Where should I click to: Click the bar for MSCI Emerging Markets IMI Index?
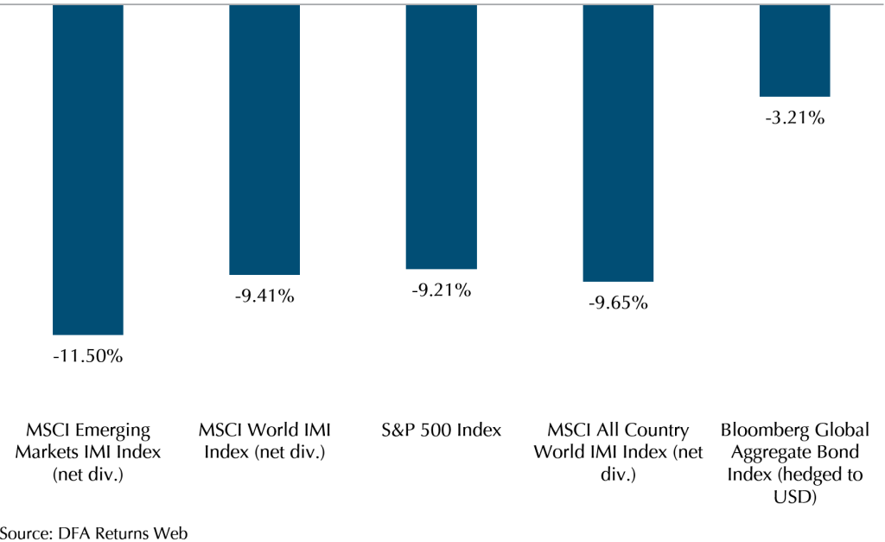[x=87, y=169]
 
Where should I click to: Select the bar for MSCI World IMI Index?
[x=264, y=139]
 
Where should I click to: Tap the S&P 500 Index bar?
[x=441, y=137]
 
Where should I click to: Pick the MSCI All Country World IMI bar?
[x=618, y=143]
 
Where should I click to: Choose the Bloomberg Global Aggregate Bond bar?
[x=794, y=50]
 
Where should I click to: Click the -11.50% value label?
[x=87, y=356]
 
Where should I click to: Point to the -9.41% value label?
[x=264, y=297]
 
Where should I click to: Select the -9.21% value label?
[x=441, y=290]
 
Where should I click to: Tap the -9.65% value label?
[x=618, y=303]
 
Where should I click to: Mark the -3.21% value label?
[x=794, y=118]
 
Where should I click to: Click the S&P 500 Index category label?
[x=441, y=430]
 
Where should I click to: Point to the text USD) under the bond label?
[x=794, y=498]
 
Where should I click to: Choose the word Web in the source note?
[x=172, y=532]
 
